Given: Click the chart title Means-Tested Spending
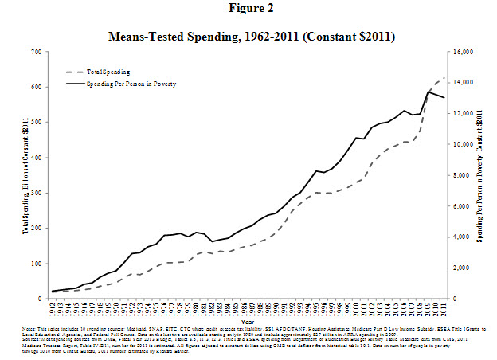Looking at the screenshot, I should pos(248,37).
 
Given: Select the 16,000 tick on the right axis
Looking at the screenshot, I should pos(463,52).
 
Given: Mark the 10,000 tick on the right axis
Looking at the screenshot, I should pos(463,144).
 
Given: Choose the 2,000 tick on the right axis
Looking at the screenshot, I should pos(464,268).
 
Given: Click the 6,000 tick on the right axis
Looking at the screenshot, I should pos(464,206).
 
